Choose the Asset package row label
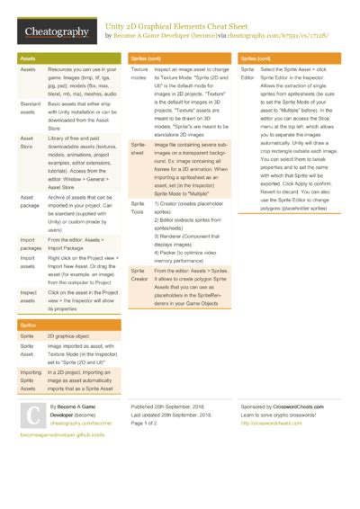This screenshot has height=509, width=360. tap(30, 201)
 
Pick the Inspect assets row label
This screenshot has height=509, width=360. tap(30, 298)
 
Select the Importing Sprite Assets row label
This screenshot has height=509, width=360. tap(31, 381)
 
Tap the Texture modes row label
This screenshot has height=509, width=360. tap(139, 73)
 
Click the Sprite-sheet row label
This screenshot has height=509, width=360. tap(139, 148)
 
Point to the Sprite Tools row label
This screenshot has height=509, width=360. tap(139, 210)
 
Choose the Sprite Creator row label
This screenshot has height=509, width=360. tap(139, 275)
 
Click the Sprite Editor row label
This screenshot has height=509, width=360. tap(247, 73)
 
